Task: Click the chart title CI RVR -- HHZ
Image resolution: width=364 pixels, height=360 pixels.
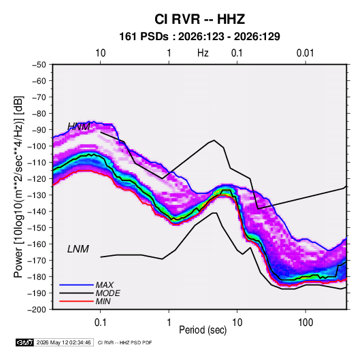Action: [x=199, y=19]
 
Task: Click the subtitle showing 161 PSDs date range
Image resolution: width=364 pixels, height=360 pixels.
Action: [x=199, y=37]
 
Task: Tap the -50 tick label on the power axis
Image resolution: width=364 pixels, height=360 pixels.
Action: [x=39, y=65]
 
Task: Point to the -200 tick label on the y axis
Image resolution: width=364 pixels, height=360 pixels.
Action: [x=37, y=310]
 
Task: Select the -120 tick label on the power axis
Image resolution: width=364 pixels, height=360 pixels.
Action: [x=37, y=179]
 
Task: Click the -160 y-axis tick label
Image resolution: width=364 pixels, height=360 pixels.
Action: [x=37, y=244]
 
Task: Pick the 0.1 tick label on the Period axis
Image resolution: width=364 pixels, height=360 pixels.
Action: [x=100, y=323]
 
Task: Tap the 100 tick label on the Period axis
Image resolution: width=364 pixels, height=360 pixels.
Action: [x=305, y=323]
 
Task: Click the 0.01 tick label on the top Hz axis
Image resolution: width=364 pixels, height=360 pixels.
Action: [x=305, y=53]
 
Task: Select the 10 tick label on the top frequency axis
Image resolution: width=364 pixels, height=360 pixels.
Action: [x=101, y=53]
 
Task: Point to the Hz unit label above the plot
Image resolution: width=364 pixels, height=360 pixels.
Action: [x=203, y=53]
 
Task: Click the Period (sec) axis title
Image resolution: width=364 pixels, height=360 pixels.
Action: [x=203, y=330]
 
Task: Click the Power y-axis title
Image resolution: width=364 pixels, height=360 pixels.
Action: [x=18, y=187]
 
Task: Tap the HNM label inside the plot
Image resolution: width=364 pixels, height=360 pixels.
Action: [x=79, y=127]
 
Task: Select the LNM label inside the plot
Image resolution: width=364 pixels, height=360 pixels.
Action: [x=78, y=249]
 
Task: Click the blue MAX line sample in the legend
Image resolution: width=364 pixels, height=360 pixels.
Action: [x=76, y=285]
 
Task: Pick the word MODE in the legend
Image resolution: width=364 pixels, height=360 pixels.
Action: [x=107, y=293]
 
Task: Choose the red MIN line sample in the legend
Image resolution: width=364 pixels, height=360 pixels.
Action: [x=76, y=301]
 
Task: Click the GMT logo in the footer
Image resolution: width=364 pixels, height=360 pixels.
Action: [x=25, y=342]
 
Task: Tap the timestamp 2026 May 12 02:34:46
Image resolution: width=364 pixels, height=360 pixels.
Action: [x=63, y=342]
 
